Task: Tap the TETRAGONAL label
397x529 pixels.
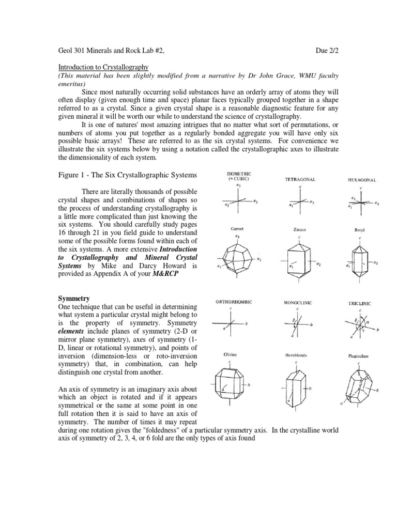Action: [300, 179]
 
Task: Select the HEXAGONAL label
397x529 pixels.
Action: [362, 180]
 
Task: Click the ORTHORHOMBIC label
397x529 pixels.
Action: [234, 301]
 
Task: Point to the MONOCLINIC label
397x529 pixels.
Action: [297, 302]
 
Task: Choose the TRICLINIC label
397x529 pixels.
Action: [360, 304]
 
